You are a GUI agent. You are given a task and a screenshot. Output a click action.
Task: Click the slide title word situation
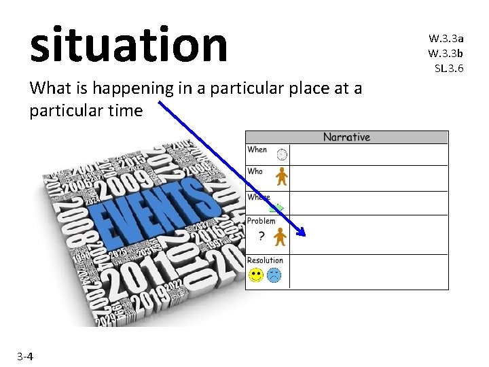(x=128, y=44)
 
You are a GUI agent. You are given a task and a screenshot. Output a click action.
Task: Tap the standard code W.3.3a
(x=446, y=39)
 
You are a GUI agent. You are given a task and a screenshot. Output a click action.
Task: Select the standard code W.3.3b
(x=446, y=53)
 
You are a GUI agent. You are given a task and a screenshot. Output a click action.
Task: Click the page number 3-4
(x=26, y=356)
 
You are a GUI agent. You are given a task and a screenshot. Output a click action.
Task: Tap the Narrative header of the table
(x=346, y=137)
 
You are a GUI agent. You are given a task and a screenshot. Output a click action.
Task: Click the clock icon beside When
(x=281, y=154)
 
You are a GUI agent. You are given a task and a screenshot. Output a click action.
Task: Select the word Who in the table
(x=255, y=171)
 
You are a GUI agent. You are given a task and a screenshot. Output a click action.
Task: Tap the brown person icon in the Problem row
(x=280, y=237)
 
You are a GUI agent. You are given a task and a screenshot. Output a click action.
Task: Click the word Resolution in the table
(x=265, y=260)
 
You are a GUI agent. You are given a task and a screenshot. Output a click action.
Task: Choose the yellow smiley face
(x=255, y=275)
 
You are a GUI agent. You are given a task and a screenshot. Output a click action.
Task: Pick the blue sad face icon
(x=274, y=275)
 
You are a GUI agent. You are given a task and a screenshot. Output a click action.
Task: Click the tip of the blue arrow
(x=305, y=235)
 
